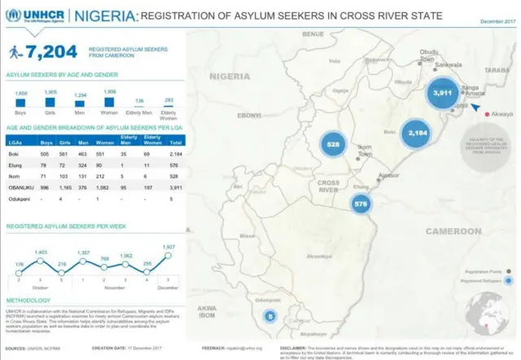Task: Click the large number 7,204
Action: pos(51,53)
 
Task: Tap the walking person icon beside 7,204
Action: pos(15,53)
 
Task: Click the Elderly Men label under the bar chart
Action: pos(139,114)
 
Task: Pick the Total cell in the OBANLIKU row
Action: pos(176,187)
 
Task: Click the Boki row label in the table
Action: pos(14,153)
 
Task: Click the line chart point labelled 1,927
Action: pos(169,256)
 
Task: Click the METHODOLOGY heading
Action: pos(29,301)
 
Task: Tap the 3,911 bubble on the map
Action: pos(442,93)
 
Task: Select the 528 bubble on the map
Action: pos(333,144)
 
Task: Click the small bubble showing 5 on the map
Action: pos(271,315)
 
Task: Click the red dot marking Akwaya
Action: pos(487,115)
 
